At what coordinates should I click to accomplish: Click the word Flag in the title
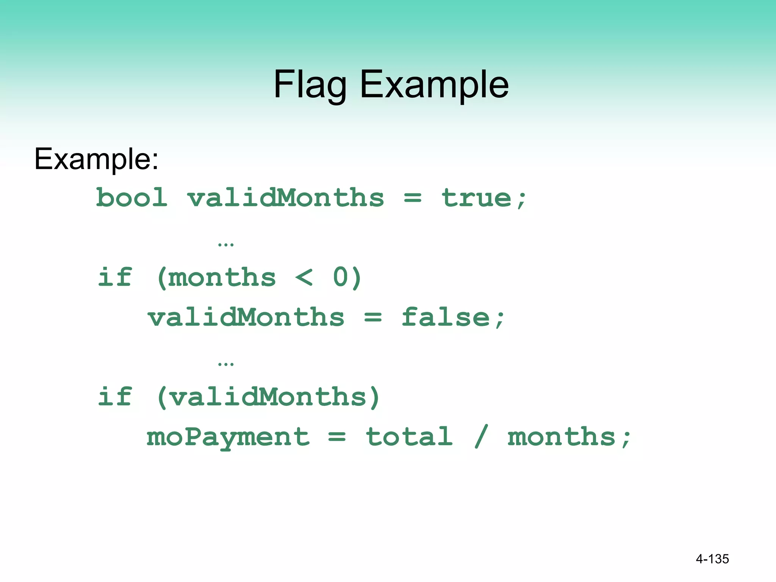310,85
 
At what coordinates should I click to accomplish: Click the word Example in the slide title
434,85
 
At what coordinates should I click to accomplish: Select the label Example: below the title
96,159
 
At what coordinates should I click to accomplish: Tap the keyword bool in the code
131,198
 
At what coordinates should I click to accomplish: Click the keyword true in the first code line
477,198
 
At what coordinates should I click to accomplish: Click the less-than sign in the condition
304,277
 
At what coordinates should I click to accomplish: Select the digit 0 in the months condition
341,277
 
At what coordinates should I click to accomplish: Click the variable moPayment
228,437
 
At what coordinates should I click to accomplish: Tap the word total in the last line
409,437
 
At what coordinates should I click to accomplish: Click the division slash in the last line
481,437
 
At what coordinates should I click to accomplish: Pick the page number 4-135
712,559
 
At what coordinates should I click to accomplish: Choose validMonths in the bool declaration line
286,198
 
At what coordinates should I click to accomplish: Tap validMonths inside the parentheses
268,397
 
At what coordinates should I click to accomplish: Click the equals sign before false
373,317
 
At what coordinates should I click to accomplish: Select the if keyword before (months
115,277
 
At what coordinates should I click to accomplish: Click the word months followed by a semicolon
562,437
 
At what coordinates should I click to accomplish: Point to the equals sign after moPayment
337,437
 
